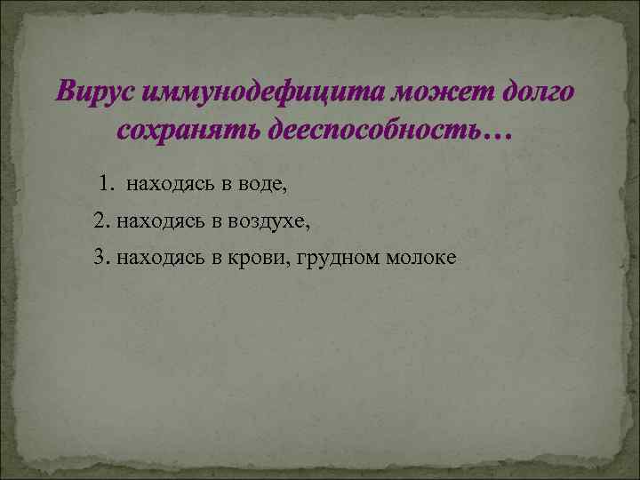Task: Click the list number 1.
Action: coord(105,184)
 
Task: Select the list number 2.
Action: coord(99,220)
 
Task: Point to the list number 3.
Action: coord(99,257)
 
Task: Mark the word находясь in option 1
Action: coord(166,185)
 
